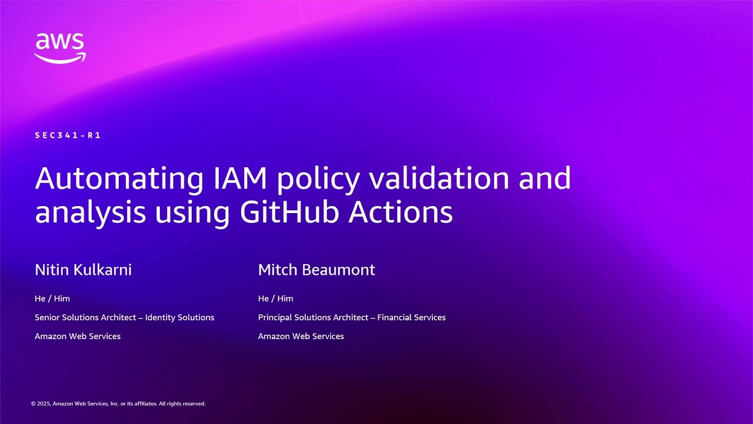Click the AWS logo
(60, 48)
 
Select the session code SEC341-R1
(68, 135)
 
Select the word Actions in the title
(400, 212)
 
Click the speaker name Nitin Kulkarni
(83, 270)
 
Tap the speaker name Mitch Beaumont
(316, 270)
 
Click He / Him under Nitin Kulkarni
(52, 299)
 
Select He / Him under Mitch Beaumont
(275, 299)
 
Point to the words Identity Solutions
(179, 317)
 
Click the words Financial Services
(411, 317)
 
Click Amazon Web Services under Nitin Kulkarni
(78, 336)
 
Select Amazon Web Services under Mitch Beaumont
(301, 336)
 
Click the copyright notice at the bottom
(118, 404)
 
